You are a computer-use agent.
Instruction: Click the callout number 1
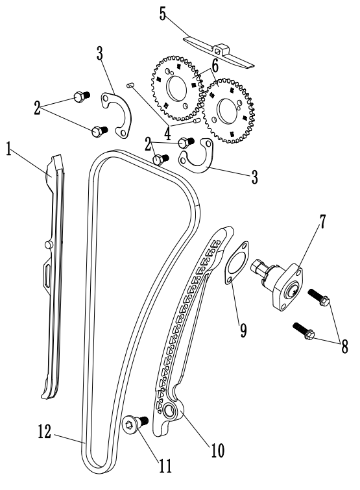(x=8, y=149)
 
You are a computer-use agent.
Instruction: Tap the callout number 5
(x=162, y=14)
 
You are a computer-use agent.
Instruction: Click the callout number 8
(x=344, y=347)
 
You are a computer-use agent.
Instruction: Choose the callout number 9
(x=243, y=330)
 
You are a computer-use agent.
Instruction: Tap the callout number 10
(x=218, y=450)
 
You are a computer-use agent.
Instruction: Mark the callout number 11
(x=165, y=466)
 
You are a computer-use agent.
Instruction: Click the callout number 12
(x=44, y=432)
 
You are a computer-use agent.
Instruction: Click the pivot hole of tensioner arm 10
(x=168, y=411)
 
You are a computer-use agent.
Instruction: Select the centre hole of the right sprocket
(x=229, y=111)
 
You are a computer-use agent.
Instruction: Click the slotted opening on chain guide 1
(x=46, y=275)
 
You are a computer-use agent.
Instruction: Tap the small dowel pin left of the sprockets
(x=130, y=84)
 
